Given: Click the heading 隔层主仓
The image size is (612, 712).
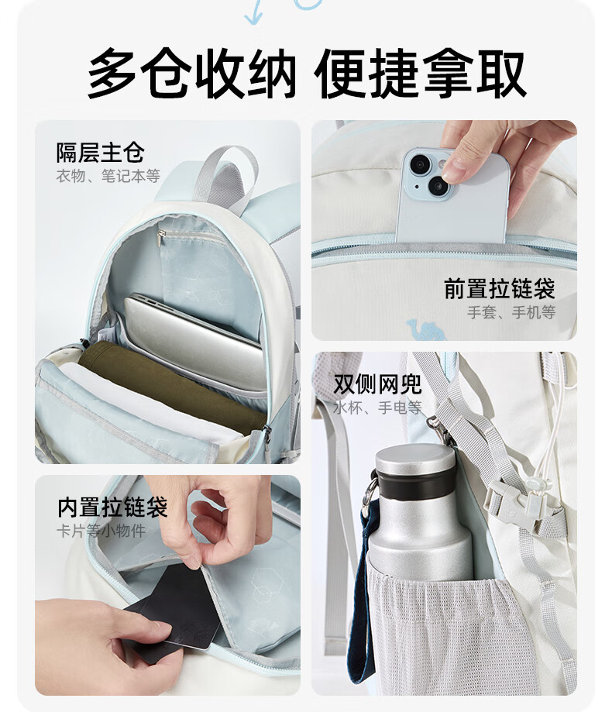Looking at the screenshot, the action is pos(101,153).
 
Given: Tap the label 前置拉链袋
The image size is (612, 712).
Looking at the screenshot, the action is pos(500,288).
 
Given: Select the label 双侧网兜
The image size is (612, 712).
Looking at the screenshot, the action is pos(378,384).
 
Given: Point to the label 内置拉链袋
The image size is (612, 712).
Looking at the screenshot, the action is pos(112,507).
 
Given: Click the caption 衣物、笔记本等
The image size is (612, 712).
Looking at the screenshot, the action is pos(108,176).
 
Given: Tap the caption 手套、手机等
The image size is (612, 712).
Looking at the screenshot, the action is pos(511,312).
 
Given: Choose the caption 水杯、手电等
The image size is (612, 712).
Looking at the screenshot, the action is pos(378,408).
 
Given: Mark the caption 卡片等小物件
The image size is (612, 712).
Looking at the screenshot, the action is pos(101,531).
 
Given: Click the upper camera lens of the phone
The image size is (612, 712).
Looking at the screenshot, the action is pos(420,163).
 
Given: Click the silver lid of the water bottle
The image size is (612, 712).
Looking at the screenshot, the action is pos(415,459).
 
